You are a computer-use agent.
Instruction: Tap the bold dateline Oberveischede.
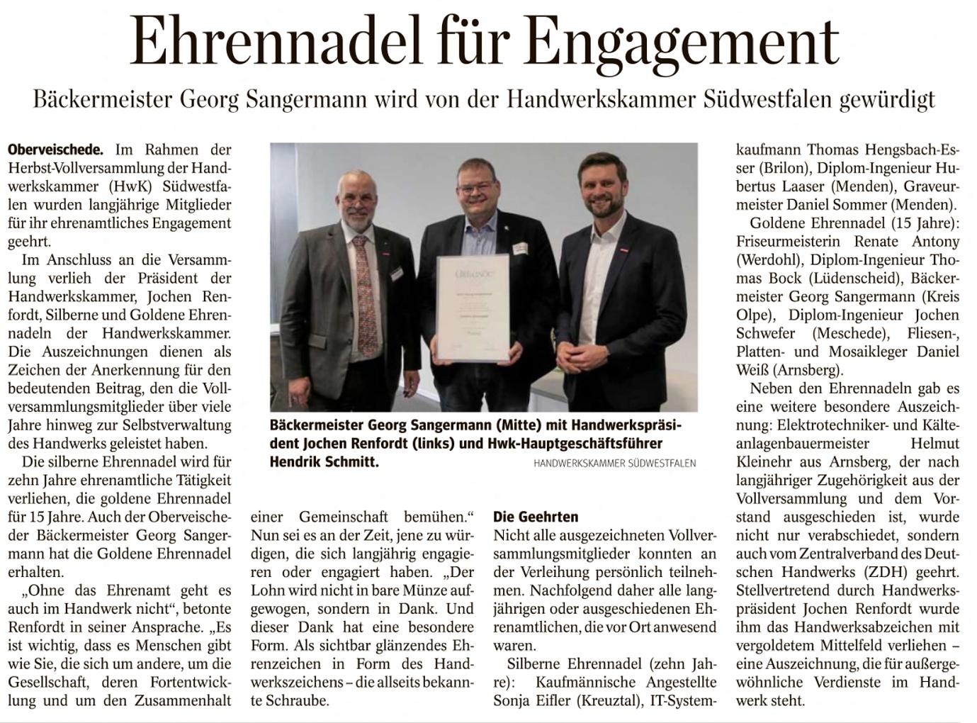click(55, 150)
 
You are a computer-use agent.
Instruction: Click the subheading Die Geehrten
click(536, 516)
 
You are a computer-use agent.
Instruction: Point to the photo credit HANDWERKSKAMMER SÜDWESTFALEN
click(614, 464)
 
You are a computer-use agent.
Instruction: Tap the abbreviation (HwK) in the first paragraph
click(134, 186)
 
